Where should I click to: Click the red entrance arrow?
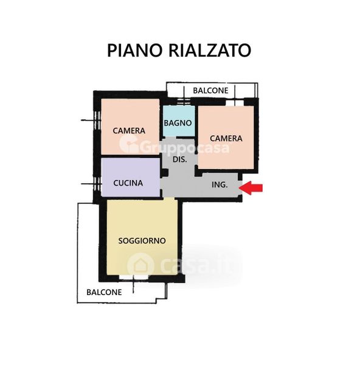251,187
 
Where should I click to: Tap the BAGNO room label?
178,123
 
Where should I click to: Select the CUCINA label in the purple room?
128,183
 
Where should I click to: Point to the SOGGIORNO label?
142,241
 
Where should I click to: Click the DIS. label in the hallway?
180,159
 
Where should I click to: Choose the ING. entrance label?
220,184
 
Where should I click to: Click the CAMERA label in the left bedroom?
129,131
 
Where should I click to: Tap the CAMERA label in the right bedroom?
226,138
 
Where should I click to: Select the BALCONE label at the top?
210,90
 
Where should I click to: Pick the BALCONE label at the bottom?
104,292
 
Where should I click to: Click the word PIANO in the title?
134,50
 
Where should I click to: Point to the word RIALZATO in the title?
209,50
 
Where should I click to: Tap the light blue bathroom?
179,121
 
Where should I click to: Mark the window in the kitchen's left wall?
97,184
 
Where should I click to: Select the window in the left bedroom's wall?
97,120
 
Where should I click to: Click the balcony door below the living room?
133,277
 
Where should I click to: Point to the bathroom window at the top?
184,102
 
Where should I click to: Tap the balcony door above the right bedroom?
235,103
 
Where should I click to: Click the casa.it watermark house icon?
140,265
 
